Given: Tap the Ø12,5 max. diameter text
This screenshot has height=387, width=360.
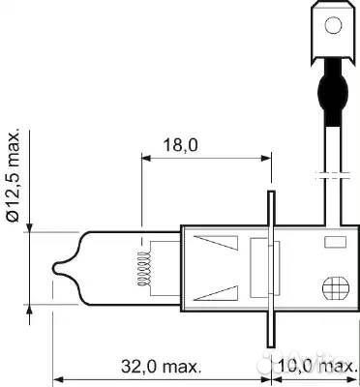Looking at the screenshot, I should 13,174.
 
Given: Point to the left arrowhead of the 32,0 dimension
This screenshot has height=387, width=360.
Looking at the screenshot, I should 56,378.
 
